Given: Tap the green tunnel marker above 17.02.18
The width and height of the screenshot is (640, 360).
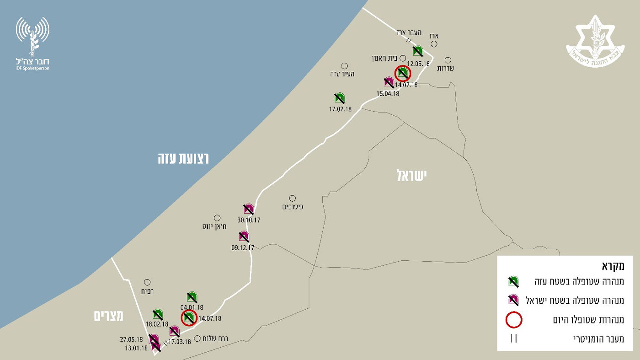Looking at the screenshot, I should click(339, 97).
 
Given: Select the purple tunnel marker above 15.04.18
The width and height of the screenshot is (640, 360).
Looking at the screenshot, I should click(389, 82).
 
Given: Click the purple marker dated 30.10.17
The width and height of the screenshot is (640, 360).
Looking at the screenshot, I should click(248, 210).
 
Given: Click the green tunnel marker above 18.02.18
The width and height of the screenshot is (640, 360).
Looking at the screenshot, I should click(158, 314).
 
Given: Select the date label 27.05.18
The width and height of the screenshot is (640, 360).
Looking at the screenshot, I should click(132, 339).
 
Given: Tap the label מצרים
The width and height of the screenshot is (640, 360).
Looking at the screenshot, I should click(109, 316).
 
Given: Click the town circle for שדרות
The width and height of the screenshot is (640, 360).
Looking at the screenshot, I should click(448, 60).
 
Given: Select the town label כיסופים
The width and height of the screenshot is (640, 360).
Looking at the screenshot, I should click(293, 207).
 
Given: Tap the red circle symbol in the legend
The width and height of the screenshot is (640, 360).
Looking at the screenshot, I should click(513, 320).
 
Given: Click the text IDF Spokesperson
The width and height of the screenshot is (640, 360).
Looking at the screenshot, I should click(32, 68).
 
